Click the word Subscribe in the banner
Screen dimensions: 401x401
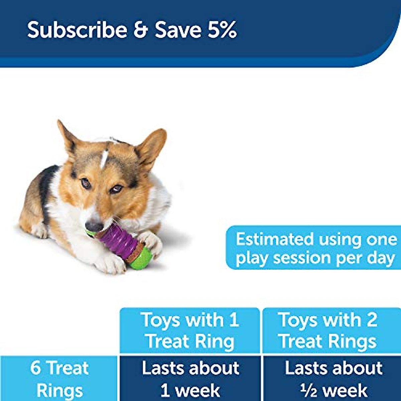click(x=77, y=30)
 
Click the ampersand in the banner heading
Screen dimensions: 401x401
click(x=140, y=30)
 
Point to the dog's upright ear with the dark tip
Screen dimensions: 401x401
click(x=67, y=137)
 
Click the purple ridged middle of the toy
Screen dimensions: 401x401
click(x=115, y=239)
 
